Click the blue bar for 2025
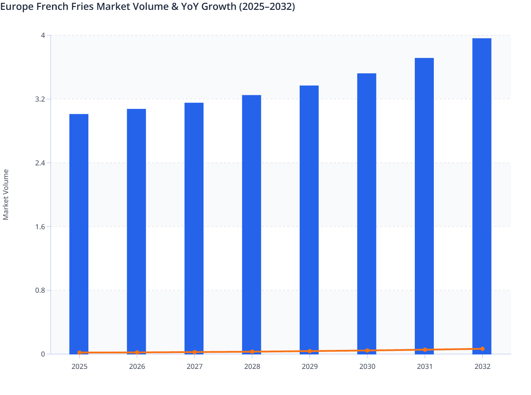(79, 233)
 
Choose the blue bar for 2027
(194, 227)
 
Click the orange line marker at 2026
(137, 352)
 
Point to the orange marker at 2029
(310, 351)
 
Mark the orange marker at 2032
(482, 349)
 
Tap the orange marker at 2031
(425, 350)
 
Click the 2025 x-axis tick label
(80, 366)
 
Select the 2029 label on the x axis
(310, 366)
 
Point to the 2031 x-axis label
(425, 366)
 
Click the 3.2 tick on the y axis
(40, 99)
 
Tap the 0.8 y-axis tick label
(40, 290)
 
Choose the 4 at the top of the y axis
(43, 35)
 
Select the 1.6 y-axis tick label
(40, 226)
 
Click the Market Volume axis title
(6, 195)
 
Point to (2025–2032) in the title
(267, 6)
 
